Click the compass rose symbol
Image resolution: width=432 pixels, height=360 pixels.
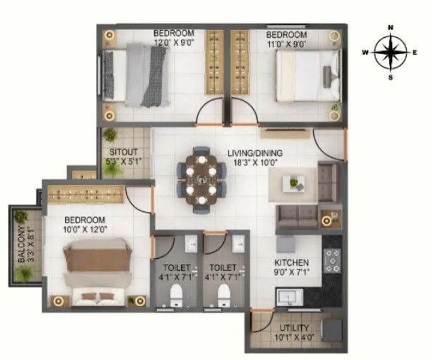[x=390, y=52]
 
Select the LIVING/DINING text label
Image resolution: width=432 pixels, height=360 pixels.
[x=255, y=152]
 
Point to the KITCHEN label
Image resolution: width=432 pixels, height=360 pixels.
[x=292, y=263]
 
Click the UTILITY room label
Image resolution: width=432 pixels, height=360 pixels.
[x=293, y=328]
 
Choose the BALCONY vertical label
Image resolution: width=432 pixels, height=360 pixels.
[x=22, y=244]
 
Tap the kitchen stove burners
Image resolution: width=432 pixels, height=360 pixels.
[x=332, y=260]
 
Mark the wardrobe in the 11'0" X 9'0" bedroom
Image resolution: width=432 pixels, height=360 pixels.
[x=241, y=62]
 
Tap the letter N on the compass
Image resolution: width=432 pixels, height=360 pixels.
[x=390, y=28]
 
